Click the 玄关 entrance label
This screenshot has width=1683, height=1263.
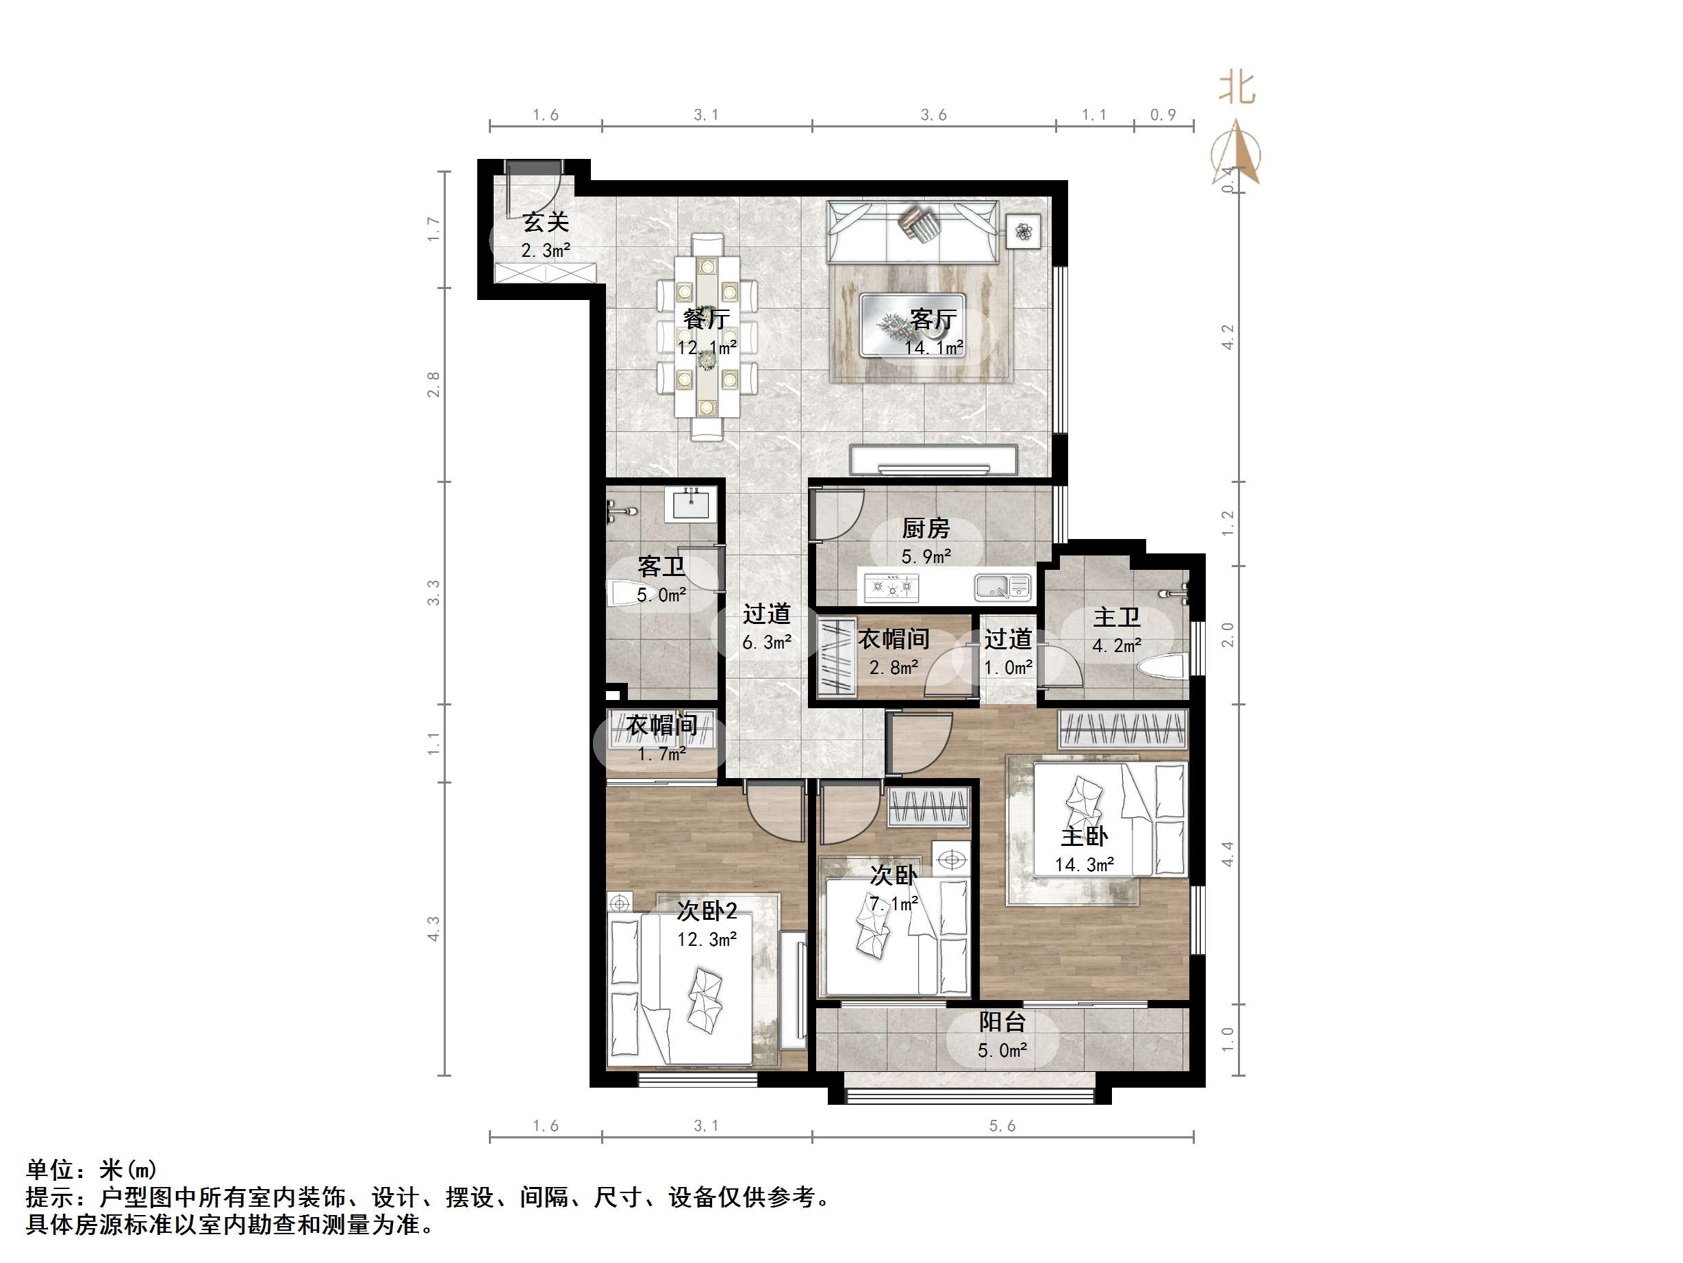546,223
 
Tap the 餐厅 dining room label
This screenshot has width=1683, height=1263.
706,318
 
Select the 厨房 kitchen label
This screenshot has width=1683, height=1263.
926,527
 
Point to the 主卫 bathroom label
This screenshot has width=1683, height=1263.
1116,616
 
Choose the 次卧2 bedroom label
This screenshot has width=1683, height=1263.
707,910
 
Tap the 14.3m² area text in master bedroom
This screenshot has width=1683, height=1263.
1084,865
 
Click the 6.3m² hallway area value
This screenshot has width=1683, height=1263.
767,642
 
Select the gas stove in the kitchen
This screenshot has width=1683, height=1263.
891,587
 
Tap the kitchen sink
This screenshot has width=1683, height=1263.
1002,586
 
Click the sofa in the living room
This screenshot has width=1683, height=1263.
912,232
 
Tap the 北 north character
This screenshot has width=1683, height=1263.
1237,88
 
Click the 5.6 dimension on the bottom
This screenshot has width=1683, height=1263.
1002,1126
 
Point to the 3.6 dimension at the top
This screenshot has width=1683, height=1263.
933,115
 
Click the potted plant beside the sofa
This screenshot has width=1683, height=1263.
1024,231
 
